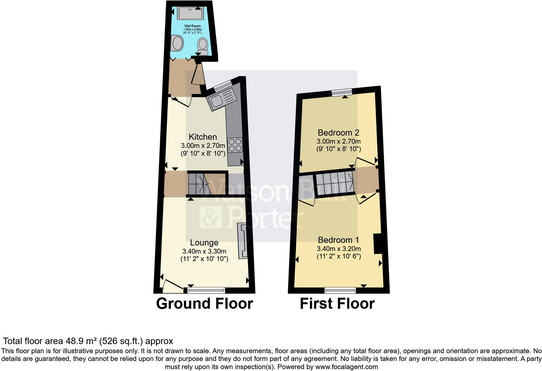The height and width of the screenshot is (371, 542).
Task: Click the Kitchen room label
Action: click(203, 137)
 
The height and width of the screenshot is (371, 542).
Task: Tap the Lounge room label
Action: click(204, 243)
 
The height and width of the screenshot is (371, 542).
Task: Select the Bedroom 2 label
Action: click(338, 133)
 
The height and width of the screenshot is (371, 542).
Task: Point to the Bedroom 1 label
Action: click(338, 240)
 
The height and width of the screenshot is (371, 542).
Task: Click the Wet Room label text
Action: click(192, 26)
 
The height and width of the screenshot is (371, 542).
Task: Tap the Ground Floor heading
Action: click(204, 304)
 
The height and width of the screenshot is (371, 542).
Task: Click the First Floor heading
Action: click(337, 304)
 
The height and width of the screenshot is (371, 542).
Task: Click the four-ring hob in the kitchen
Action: click(235, 145)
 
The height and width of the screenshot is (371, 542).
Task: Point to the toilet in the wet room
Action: click(203, 45)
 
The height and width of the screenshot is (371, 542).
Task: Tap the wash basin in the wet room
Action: click(177, 43)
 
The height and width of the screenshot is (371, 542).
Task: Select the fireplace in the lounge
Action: click(242, 241)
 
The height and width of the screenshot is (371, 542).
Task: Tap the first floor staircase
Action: click(334, 183)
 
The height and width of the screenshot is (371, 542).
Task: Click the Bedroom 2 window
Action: click(342, 93)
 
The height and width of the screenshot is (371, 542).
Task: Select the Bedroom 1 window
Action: click(340, 290)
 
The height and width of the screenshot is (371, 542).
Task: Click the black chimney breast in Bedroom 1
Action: click(377, 244)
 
